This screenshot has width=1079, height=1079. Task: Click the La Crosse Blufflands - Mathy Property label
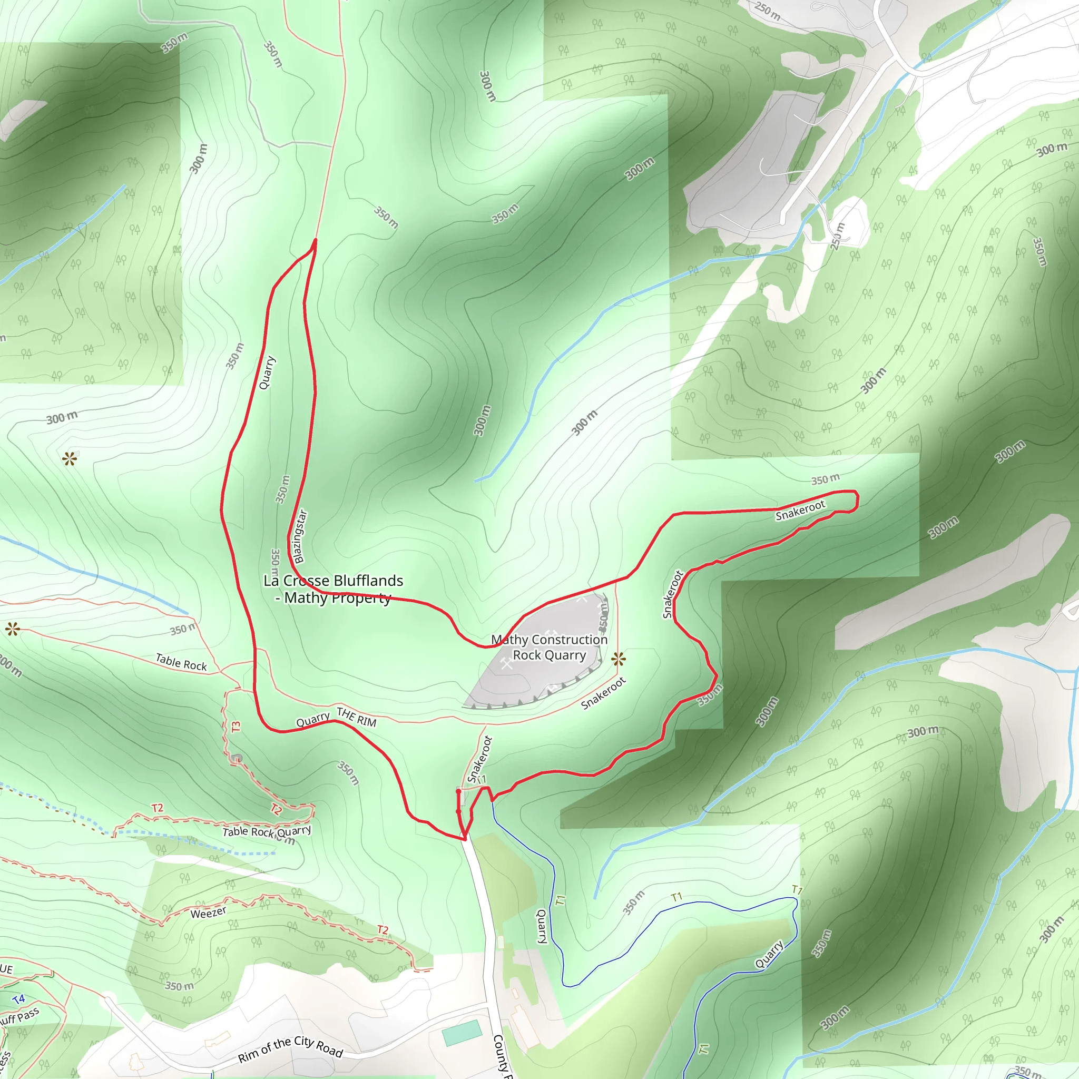[x=333, y=589]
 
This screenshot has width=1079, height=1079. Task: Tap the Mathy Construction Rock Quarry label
[x=549, y=648]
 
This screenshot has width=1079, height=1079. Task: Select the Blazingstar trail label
[x=300, y=537]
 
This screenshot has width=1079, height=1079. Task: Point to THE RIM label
[x=356, y=717]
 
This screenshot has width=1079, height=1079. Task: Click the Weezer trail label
[x=208, y=913]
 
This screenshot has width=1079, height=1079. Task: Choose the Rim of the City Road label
[x=290, y=1049]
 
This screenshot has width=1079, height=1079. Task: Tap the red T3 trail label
[x=236, y=727]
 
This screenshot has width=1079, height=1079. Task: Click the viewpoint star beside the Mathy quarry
[x=618, y=660]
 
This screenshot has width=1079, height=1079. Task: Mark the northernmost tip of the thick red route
[x=316, y=240]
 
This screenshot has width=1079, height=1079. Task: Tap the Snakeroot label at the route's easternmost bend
[x=800, y=511]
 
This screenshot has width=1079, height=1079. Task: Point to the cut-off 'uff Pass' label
[x=20, y=1016]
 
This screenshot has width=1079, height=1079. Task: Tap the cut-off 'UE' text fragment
[x=6, y=969]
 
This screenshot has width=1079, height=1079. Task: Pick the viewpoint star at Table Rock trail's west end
[x=12, y=630]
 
